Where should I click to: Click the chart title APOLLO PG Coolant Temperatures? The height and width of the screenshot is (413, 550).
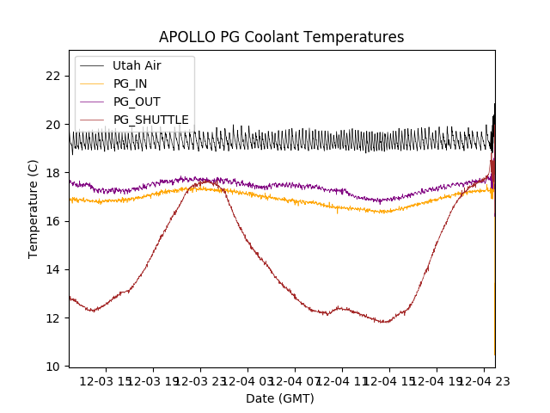(281, 37)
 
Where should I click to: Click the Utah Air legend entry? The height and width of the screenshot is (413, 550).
(136, 65)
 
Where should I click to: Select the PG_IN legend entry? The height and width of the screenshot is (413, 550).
(130, 83)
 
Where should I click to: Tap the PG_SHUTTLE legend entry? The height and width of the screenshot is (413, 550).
(150, 120)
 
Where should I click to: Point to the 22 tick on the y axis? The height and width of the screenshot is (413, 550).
(53, 76)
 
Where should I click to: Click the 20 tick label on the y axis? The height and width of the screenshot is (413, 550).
(53, 124)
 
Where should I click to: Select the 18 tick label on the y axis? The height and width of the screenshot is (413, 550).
(53, 173)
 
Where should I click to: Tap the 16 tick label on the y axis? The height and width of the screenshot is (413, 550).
(53, 221)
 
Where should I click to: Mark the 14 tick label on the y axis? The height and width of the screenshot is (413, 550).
(53, 269)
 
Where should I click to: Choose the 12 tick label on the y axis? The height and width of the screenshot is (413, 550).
(53, 318)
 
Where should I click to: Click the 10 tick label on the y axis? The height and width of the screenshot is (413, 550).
(53, 367)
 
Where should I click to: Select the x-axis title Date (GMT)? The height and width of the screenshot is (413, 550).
(280, 398)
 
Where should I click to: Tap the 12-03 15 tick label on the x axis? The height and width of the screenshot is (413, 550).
(107, 381)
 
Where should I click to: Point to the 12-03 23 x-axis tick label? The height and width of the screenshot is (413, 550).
(200, 381)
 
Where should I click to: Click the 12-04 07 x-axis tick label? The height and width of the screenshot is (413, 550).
(295, 381)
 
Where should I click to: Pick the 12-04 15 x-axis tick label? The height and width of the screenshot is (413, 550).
(389, 381)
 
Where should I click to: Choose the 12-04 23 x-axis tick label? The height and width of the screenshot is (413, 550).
(483, 381)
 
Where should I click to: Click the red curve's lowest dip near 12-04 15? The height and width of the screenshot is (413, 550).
(384, 322)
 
